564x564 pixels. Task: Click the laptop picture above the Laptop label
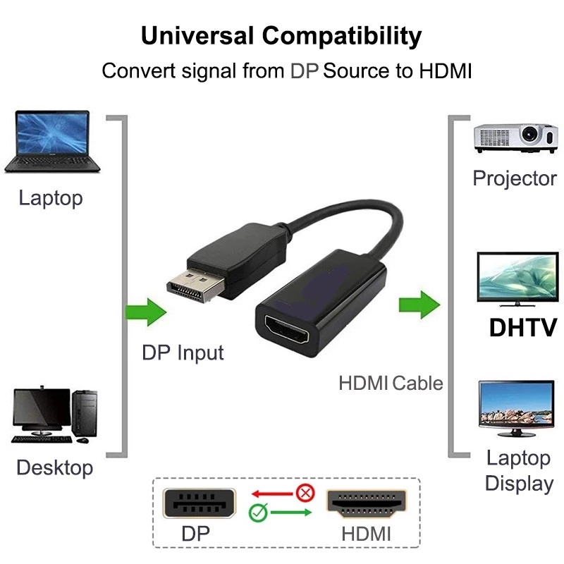(52, 140)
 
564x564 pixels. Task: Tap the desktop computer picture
(54, 415)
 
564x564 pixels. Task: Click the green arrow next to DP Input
(145, 311)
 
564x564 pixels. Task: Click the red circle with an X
(305, 492)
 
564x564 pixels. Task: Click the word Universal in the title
(197, 35)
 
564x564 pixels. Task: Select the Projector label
(515, 178)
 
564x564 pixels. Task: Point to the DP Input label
(183, 352)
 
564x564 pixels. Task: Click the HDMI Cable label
(391, 383)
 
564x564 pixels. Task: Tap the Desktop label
(54, 467)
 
